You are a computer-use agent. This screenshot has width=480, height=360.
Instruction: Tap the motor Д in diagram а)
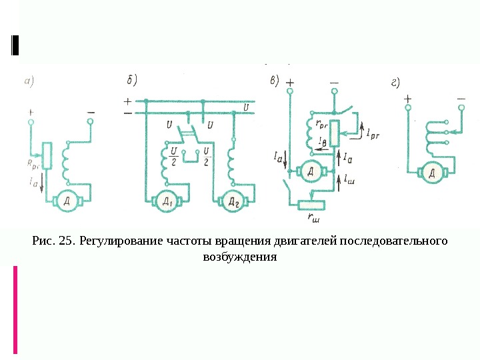pos(67,200)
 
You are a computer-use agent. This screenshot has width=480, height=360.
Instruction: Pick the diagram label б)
pos(131,81)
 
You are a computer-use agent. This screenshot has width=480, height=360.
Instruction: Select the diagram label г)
pos(395,83)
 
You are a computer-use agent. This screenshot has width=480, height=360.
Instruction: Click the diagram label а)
pos(29,83)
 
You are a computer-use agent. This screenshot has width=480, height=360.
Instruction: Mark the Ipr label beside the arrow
pos(373,135)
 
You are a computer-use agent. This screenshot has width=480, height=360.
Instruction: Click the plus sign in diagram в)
pos(290,85)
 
